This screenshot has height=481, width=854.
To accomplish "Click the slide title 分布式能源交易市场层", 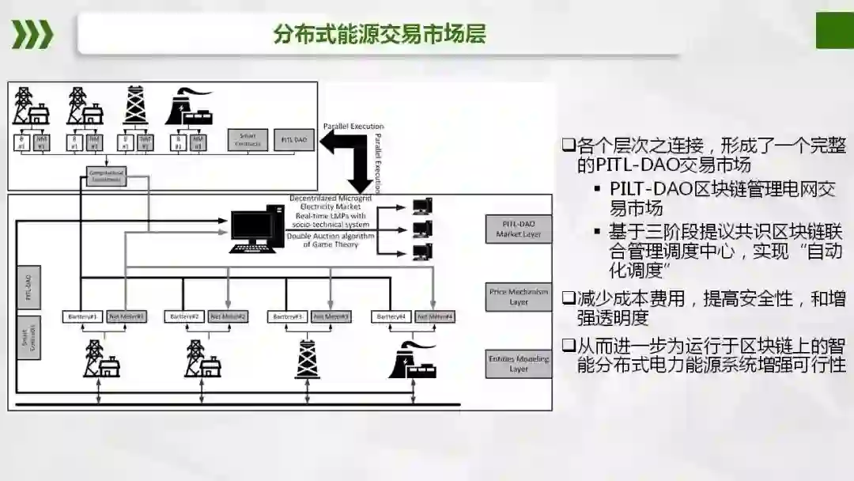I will point(380,35).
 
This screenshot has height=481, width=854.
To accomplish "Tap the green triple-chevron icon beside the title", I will point(32,35).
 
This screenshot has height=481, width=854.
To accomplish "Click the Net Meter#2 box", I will point(229,316).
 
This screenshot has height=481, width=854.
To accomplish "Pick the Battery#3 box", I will point(288,316).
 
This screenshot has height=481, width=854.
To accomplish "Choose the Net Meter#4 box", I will point(436,316).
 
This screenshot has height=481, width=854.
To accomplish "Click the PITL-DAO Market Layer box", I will point(518,229).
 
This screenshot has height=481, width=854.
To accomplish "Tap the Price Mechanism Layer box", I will point(519,297).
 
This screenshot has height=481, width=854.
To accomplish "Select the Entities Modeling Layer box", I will point(519,364).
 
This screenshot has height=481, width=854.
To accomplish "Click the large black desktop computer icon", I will point(255,229).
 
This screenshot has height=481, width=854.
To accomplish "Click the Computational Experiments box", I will point(106,176).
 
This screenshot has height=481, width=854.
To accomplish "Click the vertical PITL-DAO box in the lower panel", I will point(28,286).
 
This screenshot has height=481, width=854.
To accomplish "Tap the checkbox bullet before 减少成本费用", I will point(567,299).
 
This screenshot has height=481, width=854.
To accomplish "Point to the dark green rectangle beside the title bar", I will point(834,32).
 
